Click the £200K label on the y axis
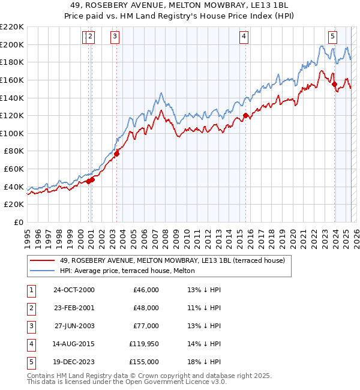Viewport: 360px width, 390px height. pyautogui.click(x=12, y=44)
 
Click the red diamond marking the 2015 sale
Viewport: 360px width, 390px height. pyautogui.click(x=245, y=115)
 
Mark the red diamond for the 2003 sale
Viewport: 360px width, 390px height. pyautogui.click(x=117, y=154)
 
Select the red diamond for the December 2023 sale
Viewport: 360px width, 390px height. pyautogui.click(x=335, y=84)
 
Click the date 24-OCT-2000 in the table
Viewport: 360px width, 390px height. pyautogui.click(x=74, y=290)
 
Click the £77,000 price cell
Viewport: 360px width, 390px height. pyautogui.click(x=146, y=326)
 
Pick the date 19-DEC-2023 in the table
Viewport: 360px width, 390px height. pyautogui.click(x=74, y=362)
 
